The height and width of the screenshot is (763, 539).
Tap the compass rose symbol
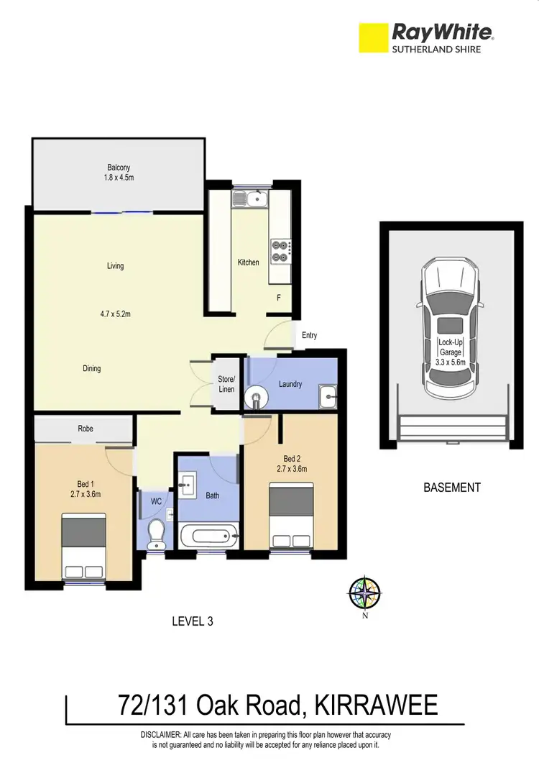365,593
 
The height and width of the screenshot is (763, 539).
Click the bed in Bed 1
83,546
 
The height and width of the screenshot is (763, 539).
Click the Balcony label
119,173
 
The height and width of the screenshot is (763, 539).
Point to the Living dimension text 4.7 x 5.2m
115,314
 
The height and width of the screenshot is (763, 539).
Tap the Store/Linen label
226,384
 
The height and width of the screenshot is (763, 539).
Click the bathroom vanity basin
189,484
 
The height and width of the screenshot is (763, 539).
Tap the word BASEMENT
451,488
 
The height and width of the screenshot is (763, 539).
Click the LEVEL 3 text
193,621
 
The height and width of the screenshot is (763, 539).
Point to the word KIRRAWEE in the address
376,705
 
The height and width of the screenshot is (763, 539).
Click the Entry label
309,335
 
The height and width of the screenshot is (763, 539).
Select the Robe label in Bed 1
86,429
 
